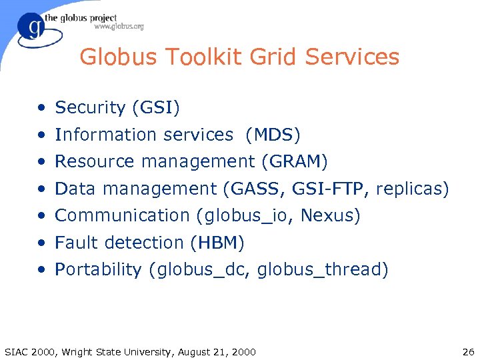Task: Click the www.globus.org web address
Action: [119, 27]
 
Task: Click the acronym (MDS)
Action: [273, 135]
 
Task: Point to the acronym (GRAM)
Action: [294, 161]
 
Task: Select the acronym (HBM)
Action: [217, 243]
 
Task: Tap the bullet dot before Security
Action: [42, 108]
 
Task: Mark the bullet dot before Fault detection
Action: [42, 243]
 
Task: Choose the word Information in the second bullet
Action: [98, 135]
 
